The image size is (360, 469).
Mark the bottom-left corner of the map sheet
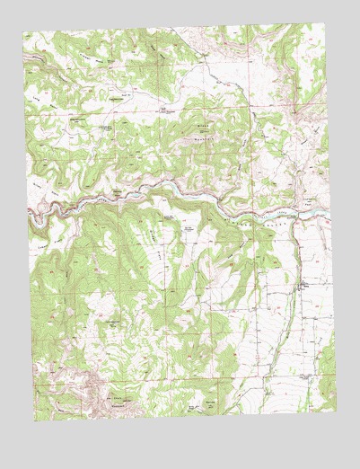pos(35,422)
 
